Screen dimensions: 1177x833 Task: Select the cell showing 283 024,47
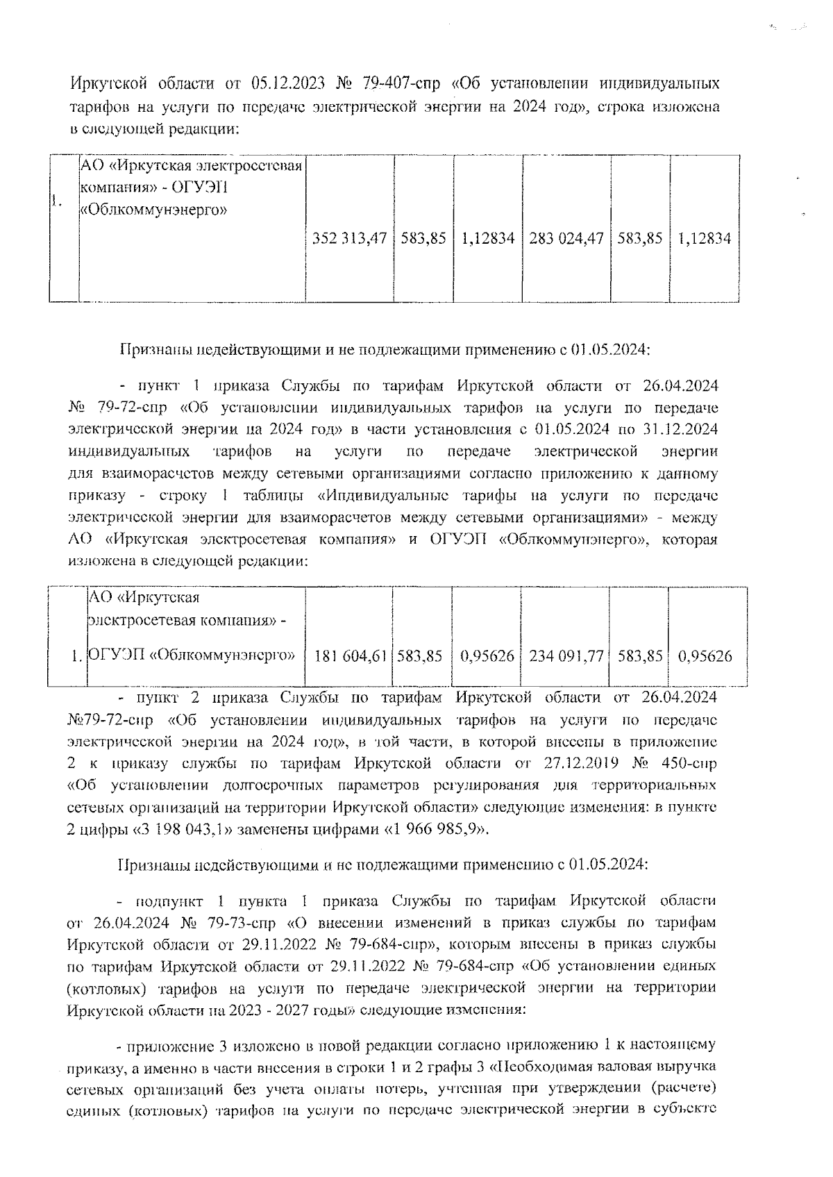pos(566,239)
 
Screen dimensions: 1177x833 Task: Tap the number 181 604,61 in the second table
pos(350,655)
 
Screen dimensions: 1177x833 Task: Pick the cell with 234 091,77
pos(566,655)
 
